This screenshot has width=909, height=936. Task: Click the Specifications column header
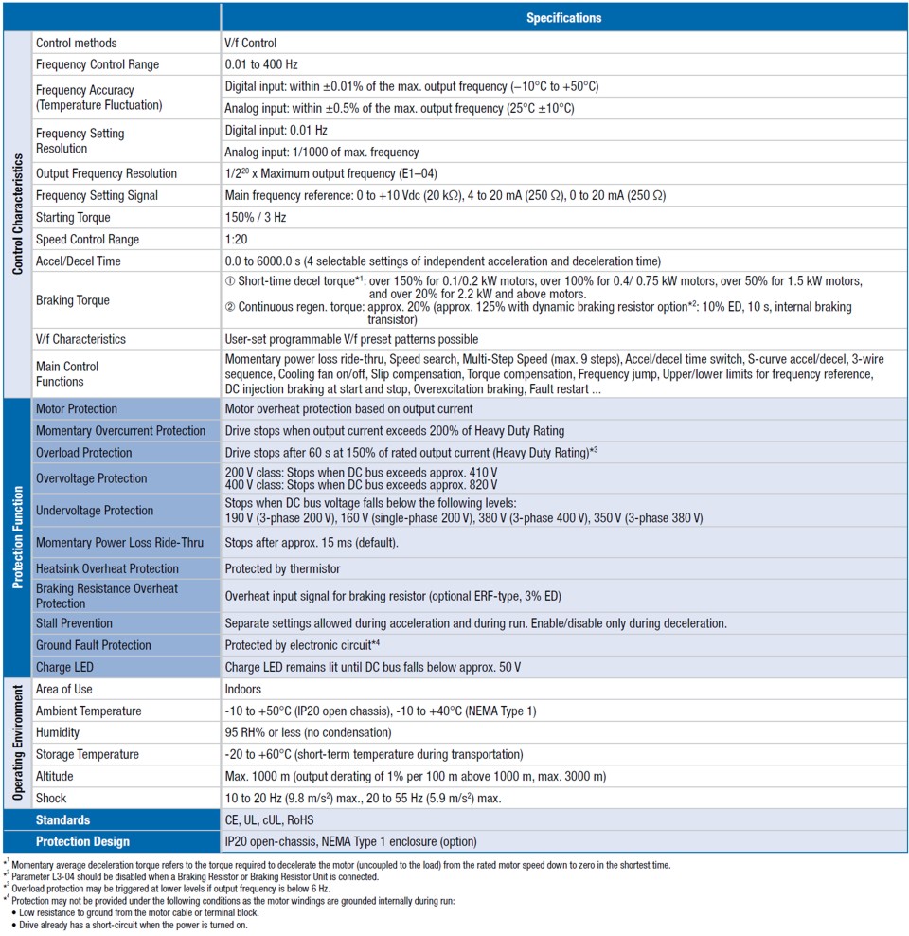pyautogui.click(x=563, y=17)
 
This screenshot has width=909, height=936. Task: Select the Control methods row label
pyautogui.click(x=77, y=43)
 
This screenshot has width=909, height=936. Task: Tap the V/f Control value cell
pyautogui.click(x=251, y=43)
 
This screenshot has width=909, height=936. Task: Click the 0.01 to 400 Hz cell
pyautogui.click(x=260, y=64)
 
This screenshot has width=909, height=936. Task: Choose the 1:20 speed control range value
pyautogui.click(x=236, y=239)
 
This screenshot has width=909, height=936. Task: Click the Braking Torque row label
pyautogui.click(x=73, y=300)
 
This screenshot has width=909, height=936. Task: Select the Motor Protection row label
pyautogui.click(x=77, y=409)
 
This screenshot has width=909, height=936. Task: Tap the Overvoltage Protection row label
pyautogui.click(x=92, y=478)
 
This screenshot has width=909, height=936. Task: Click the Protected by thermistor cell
pyautogui.click(x=282, y=568)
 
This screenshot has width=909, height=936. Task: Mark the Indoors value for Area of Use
pyautogui.click(x=243, y=689)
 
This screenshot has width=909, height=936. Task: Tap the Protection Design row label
pyautogui.click(x=82, y=841)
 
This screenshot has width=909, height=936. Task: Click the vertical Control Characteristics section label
pyautogui.click(x=17, y=213)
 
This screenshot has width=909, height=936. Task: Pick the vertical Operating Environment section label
pyautogui.click(x=17, y=742)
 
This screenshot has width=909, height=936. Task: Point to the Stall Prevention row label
pyautogui.click(x=74, y=623)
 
